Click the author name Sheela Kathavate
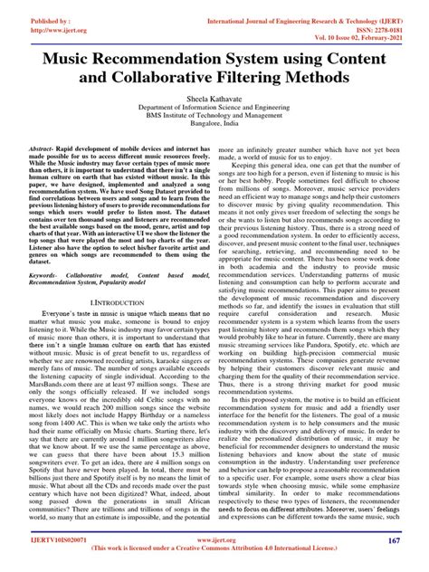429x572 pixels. click(x=214, y=104)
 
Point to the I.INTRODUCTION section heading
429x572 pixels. click(x=112, y=298)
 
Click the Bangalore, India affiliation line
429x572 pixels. click(x=214, y=131)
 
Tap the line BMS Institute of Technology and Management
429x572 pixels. click(x=214, y=122)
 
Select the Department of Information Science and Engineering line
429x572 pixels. click(x=214, y=113)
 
